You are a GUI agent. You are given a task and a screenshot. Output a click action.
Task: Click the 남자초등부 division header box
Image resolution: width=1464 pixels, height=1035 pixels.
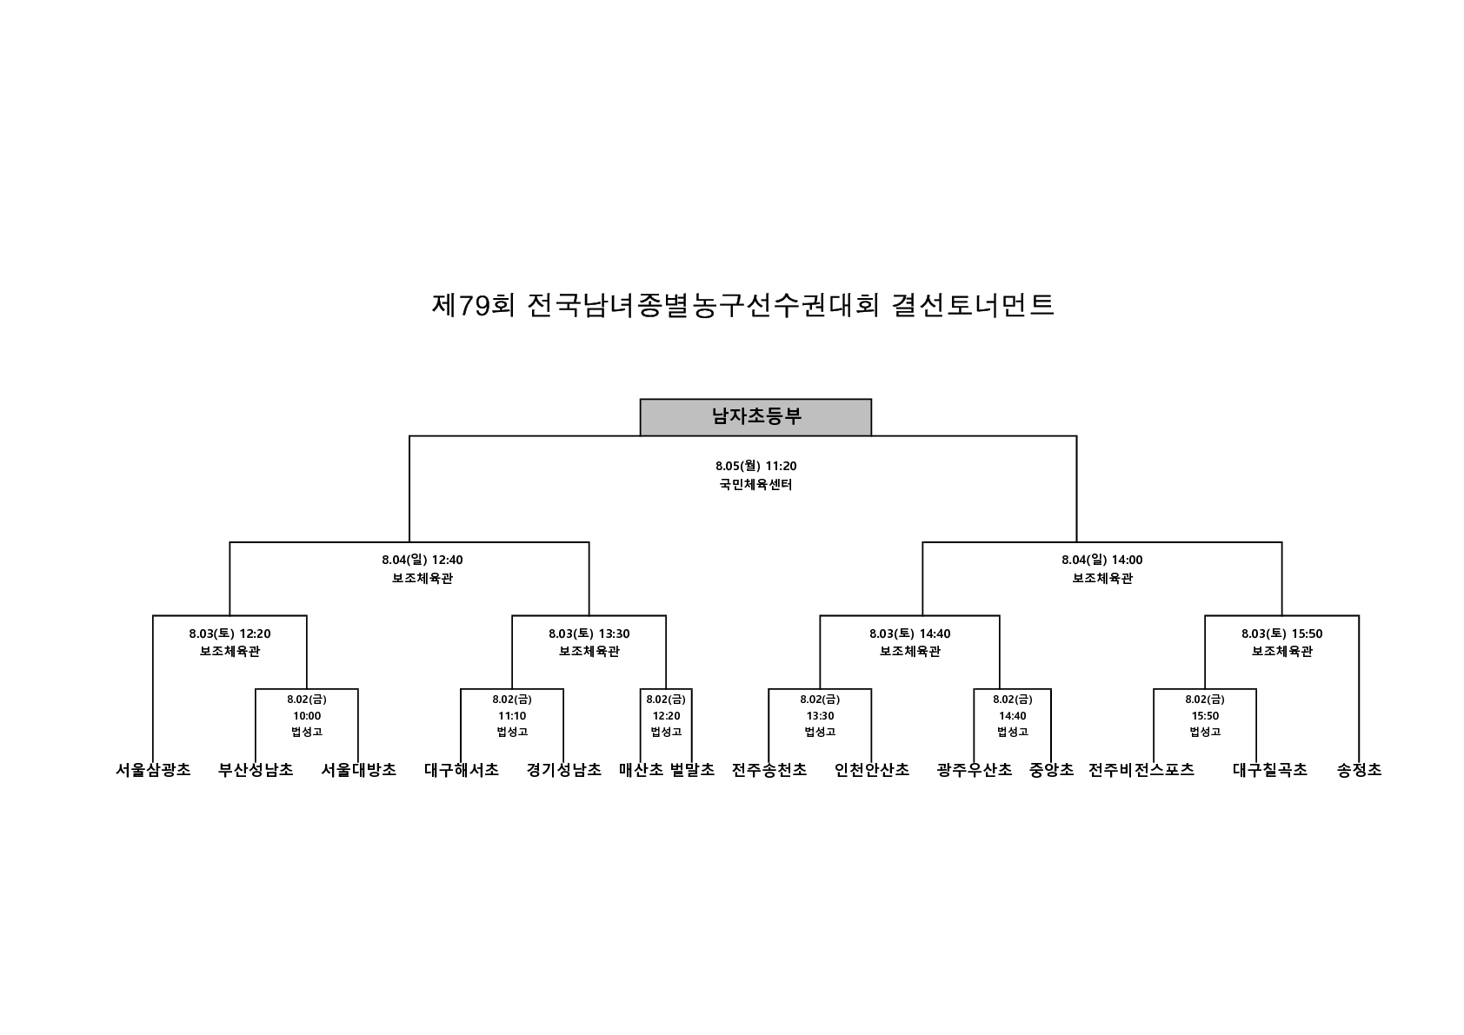[755, 417]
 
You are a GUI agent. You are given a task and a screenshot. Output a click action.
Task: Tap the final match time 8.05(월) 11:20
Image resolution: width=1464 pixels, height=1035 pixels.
[755, 466]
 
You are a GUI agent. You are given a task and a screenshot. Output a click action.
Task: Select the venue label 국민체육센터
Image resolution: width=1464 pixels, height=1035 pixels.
[755, 485]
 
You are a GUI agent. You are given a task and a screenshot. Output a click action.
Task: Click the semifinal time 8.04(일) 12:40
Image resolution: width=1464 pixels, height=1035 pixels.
[423, 560]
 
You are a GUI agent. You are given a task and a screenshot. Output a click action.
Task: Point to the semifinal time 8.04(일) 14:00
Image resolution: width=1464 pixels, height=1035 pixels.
[1102, 560]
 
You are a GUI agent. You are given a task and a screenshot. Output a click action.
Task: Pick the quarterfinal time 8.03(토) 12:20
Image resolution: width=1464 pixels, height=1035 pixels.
[230, 634]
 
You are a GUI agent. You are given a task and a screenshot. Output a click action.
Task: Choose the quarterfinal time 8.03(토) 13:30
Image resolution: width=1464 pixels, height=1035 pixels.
[589, 634]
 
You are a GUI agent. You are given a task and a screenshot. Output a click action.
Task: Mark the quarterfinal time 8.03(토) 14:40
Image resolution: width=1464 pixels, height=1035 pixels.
[909, 634]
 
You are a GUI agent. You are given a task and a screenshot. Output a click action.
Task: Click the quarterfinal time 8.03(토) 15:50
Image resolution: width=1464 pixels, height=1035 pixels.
[1281, 634]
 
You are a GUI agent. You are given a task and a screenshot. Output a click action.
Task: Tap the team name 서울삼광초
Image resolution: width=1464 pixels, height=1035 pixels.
[153, 770]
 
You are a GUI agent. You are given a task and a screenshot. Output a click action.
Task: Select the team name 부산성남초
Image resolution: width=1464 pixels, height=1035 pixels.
[256, 770]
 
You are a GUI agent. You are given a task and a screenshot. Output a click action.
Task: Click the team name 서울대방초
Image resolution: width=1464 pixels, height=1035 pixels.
[358, 770]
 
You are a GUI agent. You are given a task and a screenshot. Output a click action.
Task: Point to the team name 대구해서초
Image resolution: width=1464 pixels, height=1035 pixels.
[462, 770]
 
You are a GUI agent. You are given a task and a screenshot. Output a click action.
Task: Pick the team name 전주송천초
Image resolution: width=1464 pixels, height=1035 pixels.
[769, 770]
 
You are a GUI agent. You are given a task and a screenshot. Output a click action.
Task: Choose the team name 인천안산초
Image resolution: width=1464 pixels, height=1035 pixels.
[872, 770]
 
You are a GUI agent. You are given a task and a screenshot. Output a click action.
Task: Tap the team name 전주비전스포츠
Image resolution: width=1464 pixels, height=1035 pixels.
[1141, 770]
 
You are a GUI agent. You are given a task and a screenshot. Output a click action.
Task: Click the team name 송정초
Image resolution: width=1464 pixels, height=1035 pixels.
[1360, 770]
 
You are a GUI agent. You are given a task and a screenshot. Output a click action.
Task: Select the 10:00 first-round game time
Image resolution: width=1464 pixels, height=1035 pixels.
[307, 716]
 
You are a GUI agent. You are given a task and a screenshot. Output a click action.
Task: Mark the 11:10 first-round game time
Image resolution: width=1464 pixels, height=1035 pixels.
[512, 716]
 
